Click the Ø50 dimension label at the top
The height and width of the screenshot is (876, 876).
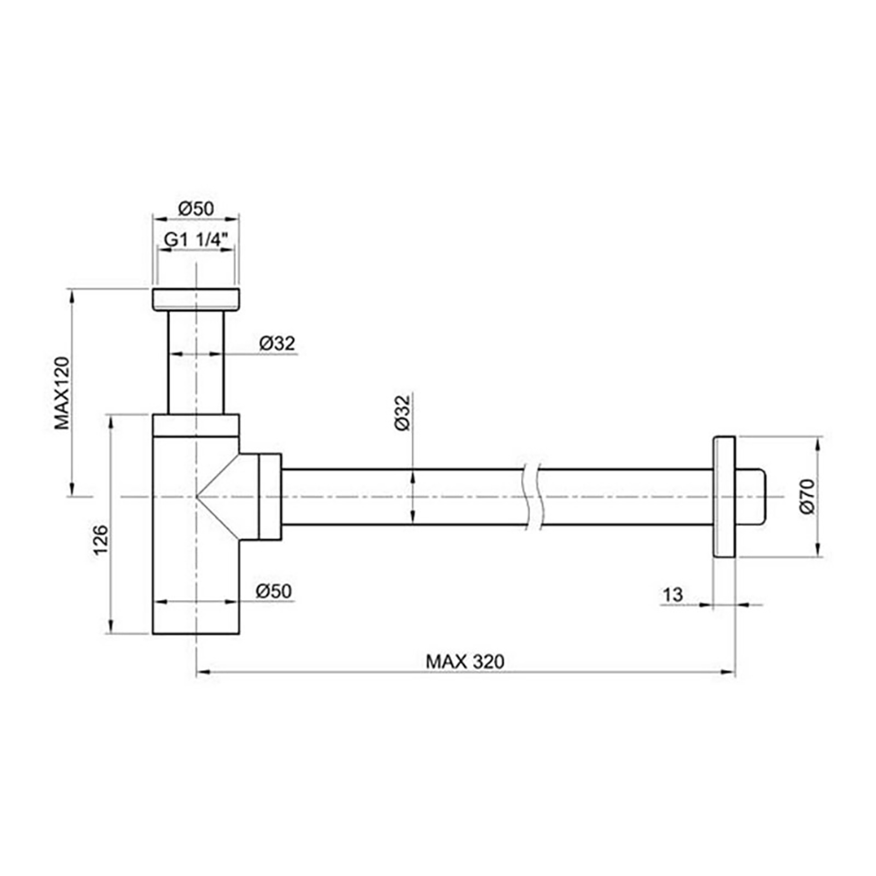(x=195, y=208)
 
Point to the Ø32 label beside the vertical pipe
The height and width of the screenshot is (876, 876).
(x=277, y=344)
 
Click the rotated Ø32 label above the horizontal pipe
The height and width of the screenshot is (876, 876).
(x=401, y=413)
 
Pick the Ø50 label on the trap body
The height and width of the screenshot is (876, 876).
(x=273, y=591)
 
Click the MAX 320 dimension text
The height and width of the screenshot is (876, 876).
(x=465, y=661)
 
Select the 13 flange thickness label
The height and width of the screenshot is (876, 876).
(x=673, y=595)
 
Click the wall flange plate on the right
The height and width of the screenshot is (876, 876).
(x=724, y=496)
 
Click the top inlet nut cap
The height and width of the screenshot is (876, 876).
(x=195, y=299)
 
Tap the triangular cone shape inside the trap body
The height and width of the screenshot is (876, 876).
(x=219, y=497)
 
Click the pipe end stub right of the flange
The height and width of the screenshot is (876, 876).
(x=752, y=496)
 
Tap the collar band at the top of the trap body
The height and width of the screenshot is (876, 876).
(x=195, y=424)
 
